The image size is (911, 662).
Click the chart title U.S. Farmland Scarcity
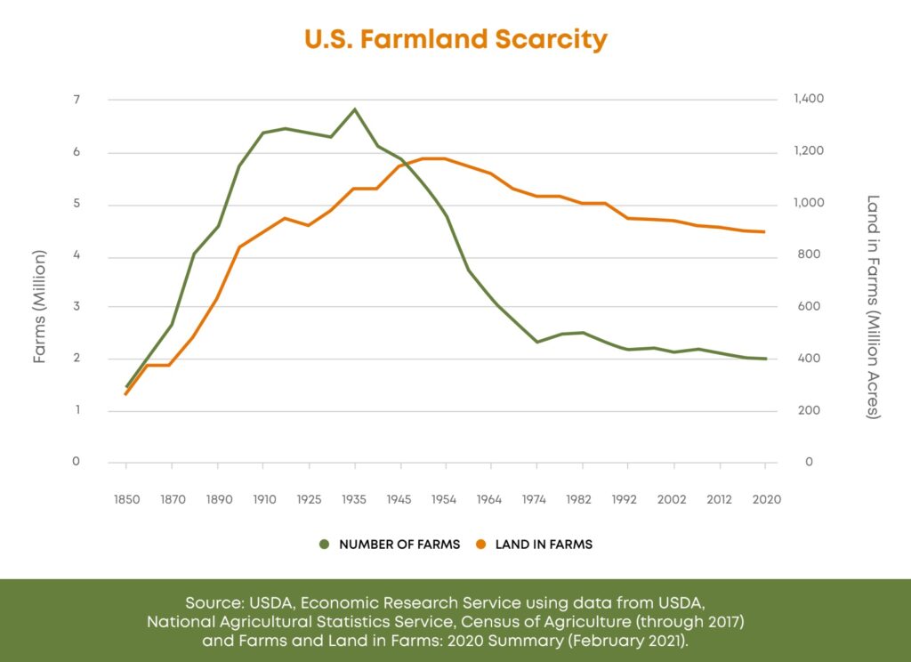click(455, 39)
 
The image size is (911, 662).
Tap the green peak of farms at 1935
click(355, 109)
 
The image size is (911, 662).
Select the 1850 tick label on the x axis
click(126, 499)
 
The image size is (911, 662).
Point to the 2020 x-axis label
click(766, 499)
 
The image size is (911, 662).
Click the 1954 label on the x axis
click(446, 499)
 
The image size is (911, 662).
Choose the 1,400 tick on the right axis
click(809, 100)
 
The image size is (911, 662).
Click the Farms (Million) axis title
click(40, 307)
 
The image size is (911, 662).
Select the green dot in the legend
click(324, 545)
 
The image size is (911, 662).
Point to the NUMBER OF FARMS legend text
click(399, 545)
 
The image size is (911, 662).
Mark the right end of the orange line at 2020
click(766, 232)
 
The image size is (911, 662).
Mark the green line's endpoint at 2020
click(766, 359)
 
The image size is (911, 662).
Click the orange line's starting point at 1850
click(126, 394)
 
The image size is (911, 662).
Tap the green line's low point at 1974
click(537, 342)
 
